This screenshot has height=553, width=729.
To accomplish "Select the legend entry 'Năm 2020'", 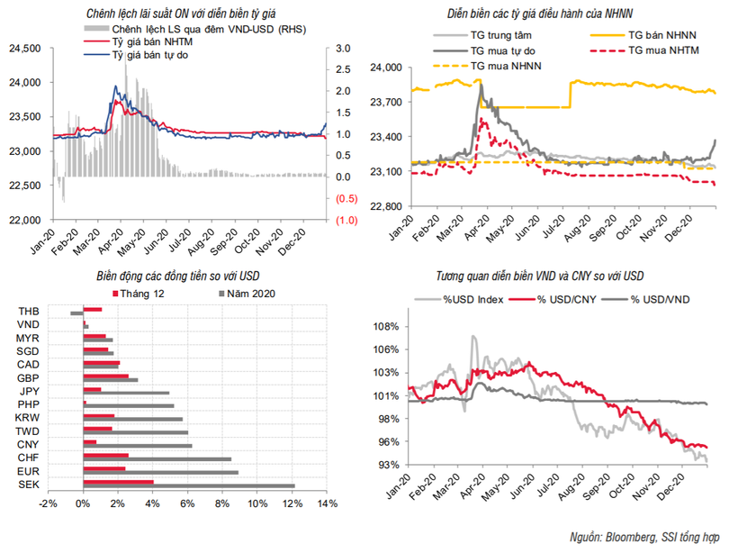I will pos(248,294).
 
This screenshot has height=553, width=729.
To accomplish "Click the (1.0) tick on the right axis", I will pos(348,220).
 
